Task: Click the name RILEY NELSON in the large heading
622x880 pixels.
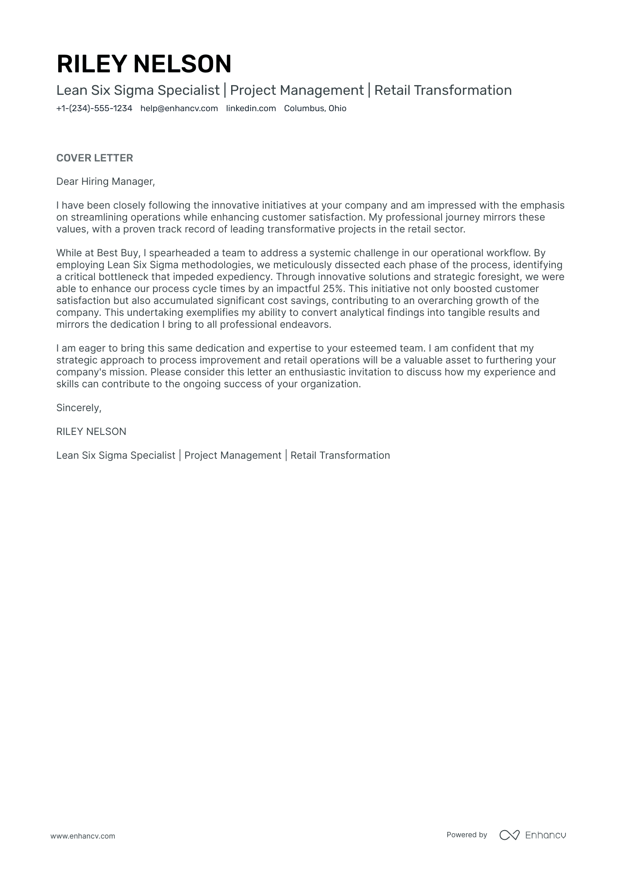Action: [144, 64]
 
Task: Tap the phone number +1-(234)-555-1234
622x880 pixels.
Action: [94, 109]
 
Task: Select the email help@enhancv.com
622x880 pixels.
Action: [179, 109]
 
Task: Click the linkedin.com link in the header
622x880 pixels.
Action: [251, 109]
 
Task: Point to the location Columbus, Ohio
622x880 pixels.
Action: [315, 109]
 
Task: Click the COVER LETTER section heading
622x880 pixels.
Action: [94, 158]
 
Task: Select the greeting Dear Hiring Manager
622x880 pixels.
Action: [105, 182]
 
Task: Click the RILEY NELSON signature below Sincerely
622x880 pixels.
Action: [91, 432]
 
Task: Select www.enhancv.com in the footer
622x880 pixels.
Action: [82, 836]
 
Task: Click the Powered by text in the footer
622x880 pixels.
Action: [466, 835]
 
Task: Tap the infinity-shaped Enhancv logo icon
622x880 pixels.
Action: [509, 835]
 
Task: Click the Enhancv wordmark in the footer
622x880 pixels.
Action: [545, 835]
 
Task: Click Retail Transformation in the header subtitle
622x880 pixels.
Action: [443, 90]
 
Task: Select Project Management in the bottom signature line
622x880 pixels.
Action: [232, 456]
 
